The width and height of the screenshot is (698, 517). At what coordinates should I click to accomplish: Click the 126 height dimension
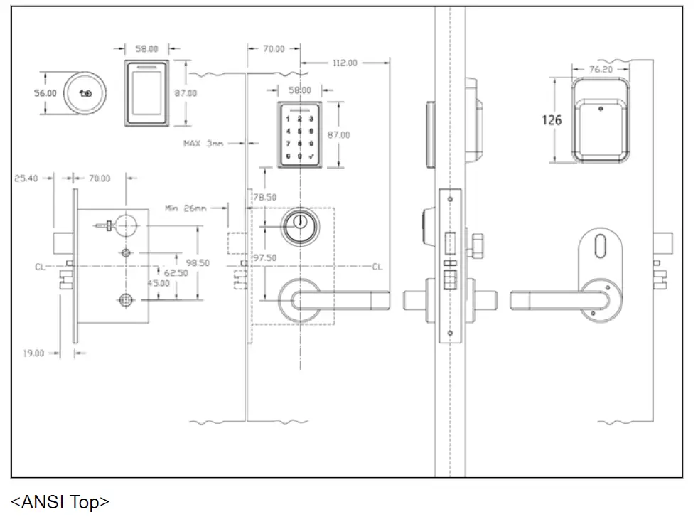pyautogui.click(x=552, y=120)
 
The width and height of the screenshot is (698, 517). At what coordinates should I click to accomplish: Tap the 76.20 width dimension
pyautogui.click(x=601, y=69)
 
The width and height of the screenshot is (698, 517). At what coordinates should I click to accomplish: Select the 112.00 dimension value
pyautogui.click(x=344, y=63)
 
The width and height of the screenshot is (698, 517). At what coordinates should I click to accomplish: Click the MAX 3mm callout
pyautogui.click(x=203, y=143)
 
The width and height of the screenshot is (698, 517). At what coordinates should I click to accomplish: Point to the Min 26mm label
pyautogui.click(x=186, y=208)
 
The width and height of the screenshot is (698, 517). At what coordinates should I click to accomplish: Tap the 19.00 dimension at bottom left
pyautogui.click(x=33, y=353)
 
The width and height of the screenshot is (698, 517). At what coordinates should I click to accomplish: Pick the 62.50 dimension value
pyautogui.click(x=176, y=272)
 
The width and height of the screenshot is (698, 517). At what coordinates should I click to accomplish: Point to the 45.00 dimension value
pyautogui.click(x=158, y=283)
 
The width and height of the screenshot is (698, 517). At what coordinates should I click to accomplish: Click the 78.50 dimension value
pyautogui.click(x=264, y=197)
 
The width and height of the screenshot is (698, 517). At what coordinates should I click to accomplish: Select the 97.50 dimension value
pyautogui.click(x=264, y=257)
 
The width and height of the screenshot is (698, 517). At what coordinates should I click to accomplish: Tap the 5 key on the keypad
pyautogui.click(x=300, y=131)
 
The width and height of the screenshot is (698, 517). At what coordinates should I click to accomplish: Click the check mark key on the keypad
pyautogui.click(x=311, y=156)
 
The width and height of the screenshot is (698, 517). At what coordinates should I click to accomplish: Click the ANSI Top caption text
pyautogui.click(x=60, y=502)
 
